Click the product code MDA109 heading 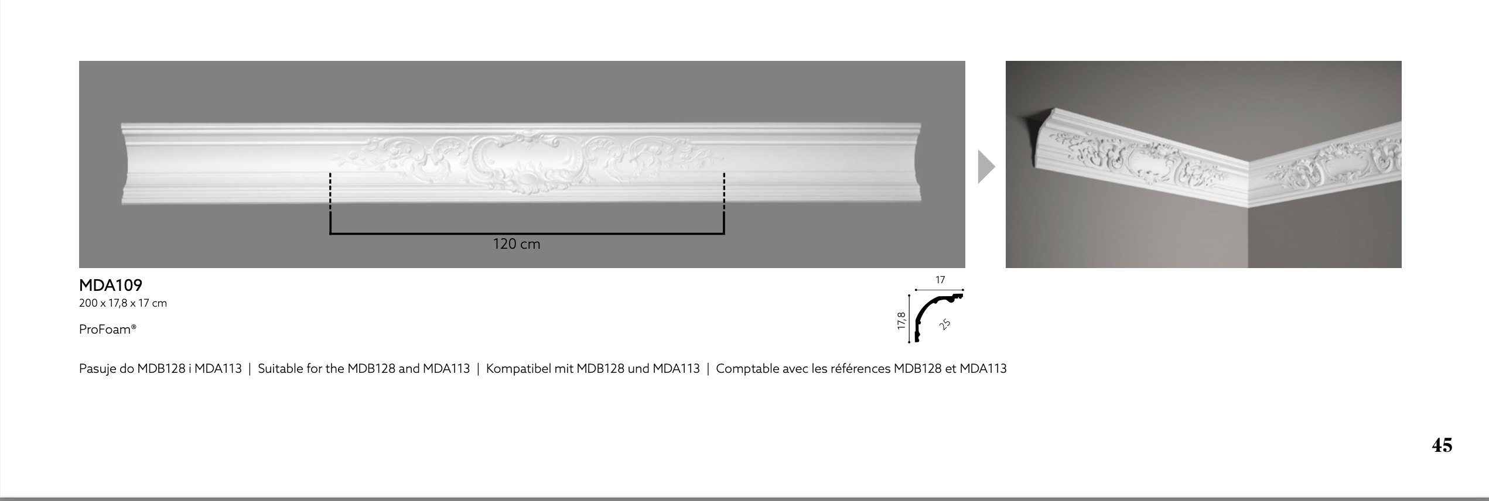(111, 286)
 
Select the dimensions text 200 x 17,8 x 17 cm (123, 303)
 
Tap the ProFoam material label (108, 330)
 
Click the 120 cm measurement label (517, 244)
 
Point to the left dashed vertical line (330, 192)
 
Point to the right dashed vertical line (724, 192)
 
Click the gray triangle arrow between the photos (986, 167)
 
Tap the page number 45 (1442, 445)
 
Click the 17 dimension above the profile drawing (940, 280)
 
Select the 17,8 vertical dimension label (901, 321)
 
